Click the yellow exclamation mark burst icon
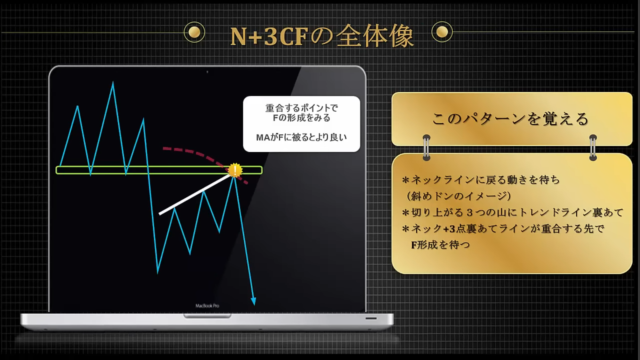tap(235, 170)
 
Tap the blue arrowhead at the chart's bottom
tap(253, 301)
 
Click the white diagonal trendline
tap(195, 194)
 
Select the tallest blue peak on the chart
tap(113, 82)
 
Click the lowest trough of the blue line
tap(157, 272)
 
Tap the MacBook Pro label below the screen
tap(207, 305)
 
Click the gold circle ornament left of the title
tap(194, 32)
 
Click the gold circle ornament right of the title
tap(442, 31)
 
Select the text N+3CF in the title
tap(269, 36)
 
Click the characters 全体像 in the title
tap(375, 36)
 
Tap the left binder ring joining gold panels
tap(426, 147)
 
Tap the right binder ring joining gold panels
tap(593, 147)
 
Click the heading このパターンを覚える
tap(510, 118)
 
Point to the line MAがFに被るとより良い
tap(301, 137)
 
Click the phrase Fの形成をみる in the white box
tap(301, 117)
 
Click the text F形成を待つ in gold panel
tap(440, 245)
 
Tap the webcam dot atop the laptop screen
tap(207, 72)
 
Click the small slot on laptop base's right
tap(371, 318)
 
